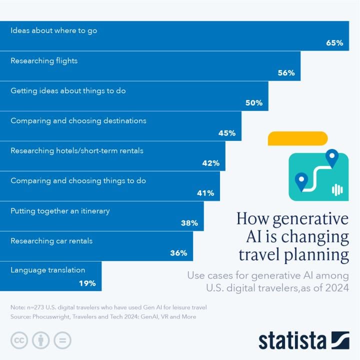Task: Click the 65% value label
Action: point(334,43)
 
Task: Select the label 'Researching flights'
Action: point(44,61)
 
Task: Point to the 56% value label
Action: point(286,73)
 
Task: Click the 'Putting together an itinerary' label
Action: point(60,211)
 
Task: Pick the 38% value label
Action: point(189,223)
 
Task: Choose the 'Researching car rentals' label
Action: point(51,241)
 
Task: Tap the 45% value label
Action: point(227,133)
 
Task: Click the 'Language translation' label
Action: point(48,270)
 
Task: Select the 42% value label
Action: point(211,163)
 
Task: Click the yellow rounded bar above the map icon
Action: point(297,138)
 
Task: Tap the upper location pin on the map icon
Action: point(331,158)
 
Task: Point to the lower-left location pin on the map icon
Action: point(301,181)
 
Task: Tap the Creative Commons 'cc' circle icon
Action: point(19,340)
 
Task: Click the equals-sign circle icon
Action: point(62,340)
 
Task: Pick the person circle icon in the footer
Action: point(40,340)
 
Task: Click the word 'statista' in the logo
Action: point(292,340)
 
